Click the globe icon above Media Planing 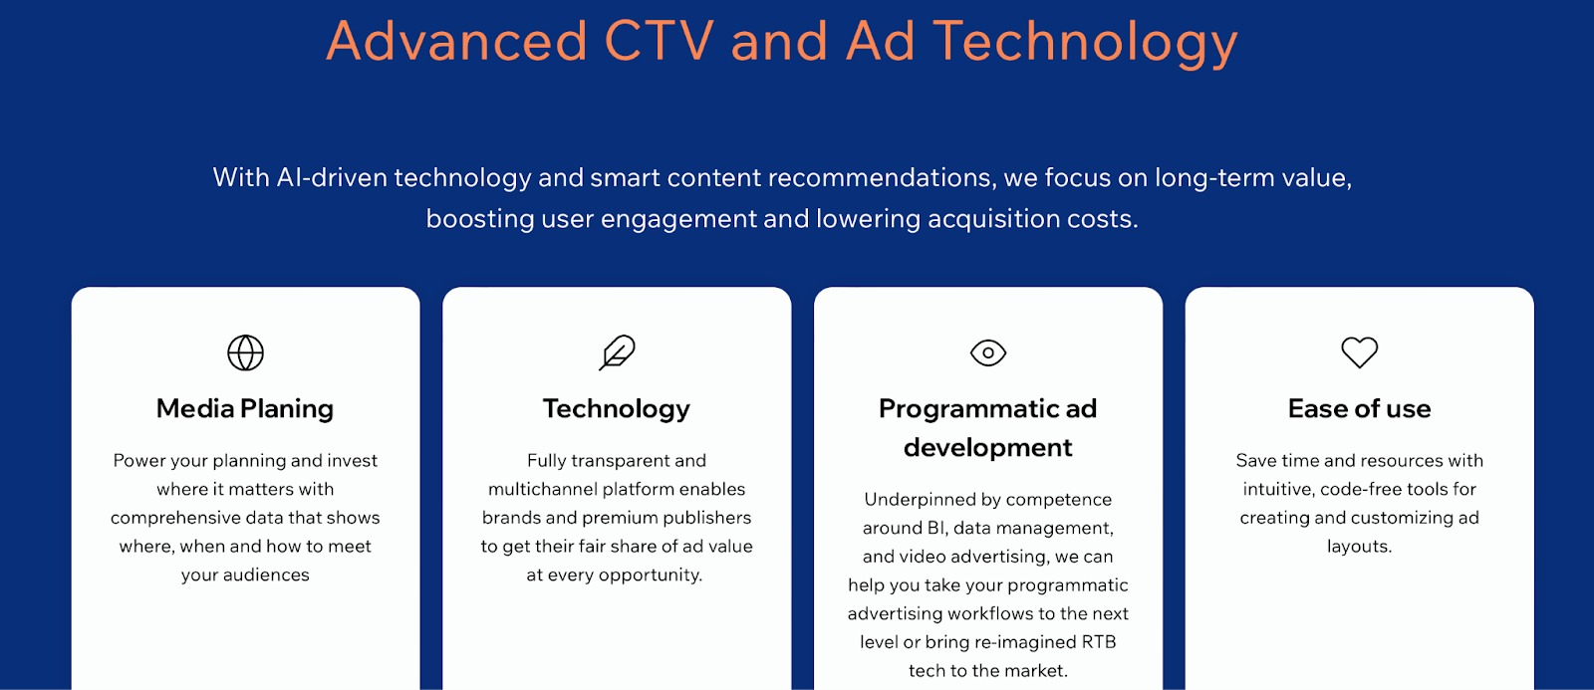coord(245,352)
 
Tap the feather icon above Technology coord(617,352)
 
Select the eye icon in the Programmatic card coord(988,352)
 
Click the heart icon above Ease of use coord(1359,352)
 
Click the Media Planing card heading coord(245,409)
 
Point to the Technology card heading coord(617,409)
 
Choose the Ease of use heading coord(1359,409)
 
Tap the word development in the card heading coord(987,448)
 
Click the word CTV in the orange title coord(659,41)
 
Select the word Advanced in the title coord(456,41)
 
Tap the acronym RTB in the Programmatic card coord(1099,642)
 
